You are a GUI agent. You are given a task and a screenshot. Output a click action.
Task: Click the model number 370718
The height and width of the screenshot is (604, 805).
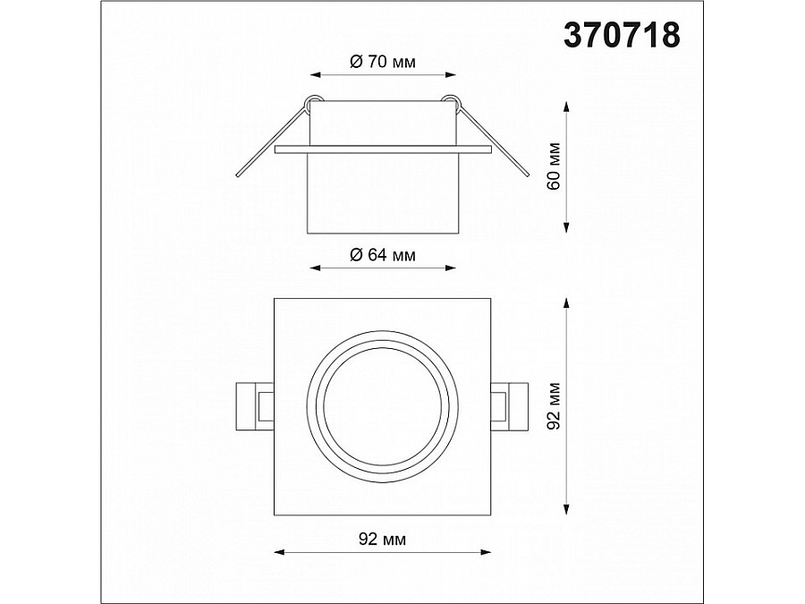tap(622, 36)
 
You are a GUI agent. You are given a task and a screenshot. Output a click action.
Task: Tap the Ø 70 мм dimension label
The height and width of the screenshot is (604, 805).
tap(383, 62)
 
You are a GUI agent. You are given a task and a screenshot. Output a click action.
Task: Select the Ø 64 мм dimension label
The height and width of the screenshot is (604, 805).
tap(383, 255)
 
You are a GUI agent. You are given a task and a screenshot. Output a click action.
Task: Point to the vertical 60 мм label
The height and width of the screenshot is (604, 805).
tap(554, 166)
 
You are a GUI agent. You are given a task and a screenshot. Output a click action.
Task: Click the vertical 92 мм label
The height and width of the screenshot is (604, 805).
tap(554, 406)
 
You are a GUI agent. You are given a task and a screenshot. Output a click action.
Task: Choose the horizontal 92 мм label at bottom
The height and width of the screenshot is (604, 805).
tap(382, 539)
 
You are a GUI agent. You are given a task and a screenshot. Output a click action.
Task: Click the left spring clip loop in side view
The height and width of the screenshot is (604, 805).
tap(313, 102)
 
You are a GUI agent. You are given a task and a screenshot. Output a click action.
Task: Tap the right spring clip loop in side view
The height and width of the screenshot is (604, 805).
tap(452, 102)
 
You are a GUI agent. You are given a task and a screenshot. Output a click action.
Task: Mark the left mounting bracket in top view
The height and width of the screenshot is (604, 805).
tap(255, 406)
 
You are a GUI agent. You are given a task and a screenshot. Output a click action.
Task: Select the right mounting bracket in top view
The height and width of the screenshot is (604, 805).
tap(509, 406)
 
